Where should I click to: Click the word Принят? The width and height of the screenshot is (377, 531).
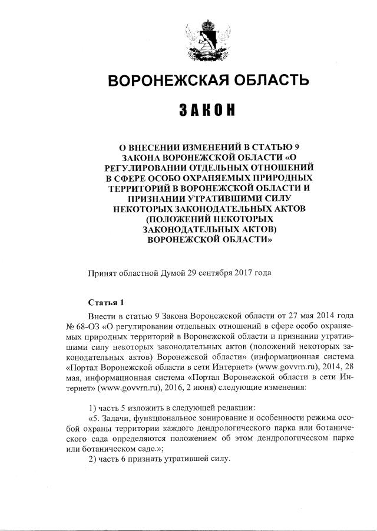[102, 273]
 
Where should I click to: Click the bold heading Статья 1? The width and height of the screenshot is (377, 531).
[106, 303]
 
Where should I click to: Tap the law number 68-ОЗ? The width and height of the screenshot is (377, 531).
[87, 324]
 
